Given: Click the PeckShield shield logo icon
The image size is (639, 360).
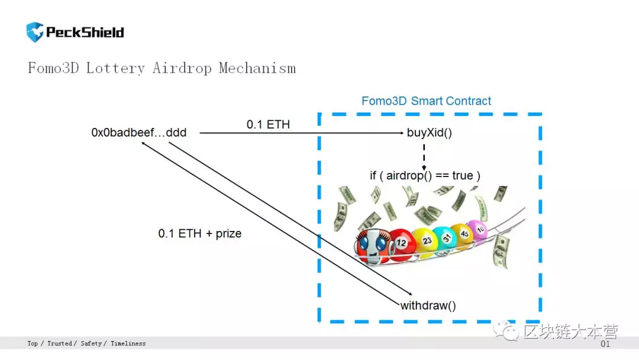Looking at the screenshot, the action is point(35,32).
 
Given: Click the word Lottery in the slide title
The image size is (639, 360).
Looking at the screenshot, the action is point(115,68).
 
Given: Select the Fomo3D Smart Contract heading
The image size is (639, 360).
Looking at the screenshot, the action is point(426,101).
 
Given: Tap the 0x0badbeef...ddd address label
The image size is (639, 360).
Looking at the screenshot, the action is point(138,133).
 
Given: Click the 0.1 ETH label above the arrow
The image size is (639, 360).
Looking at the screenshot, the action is point(268,124).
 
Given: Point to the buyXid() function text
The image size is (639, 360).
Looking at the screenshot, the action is point(430,133).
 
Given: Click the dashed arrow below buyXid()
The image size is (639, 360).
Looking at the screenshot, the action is point(424,157).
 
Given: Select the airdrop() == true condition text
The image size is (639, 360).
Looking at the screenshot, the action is point(425,176).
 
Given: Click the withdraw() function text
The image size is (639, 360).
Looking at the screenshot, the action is point(428,306).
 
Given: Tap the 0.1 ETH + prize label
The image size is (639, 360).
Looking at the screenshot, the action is point(200,233).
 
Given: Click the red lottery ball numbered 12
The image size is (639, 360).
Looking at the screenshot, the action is point(401,244).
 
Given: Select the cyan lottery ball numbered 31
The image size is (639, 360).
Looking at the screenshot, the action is point(446,238).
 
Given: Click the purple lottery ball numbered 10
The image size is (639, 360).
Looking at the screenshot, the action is point(479,230).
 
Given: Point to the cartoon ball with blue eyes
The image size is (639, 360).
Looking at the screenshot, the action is point(372,246).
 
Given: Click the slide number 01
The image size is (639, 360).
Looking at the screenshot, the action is point(605,344).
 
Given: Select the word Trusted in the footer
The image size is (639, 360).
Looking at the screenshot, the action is point(60,343).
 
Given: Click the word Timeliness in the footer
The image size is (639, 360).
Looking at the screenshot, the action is point(128,343).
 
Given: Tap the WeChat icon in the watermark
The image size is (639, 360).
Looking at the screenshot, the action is point(506,330).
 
